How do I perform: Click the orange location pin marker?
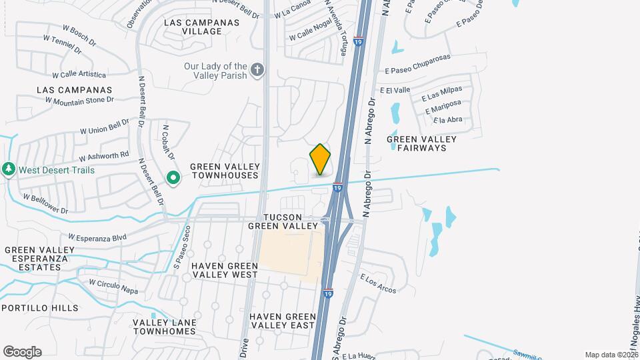(320, 159)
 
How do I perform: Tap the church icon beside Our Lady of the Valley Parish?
(257, 70)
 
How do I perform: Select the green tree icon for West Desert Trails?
(9, 169)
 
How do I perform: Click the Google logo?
(22, 352)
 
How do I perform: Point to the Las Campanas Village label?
(201, 26)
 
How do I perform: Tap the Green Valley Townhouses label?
(223, 171)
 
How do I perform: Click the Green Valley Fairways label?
(422, 143)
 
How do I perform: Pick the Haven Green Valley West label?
(224, 269)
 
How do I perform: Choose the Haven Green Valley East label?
(281, 320)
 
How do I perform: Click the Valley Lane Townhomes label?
(164, 327)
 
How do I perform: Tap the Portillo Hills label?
(39, 308)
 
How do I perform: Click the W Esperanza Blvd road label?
(97, 237)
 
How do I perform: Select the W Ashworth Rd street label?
(103, 156)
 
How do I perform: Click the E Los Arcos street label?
(378, 283)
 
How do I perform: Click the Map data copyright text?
(611, 355)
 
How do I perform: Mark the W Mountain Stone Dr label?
(79, 100)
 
